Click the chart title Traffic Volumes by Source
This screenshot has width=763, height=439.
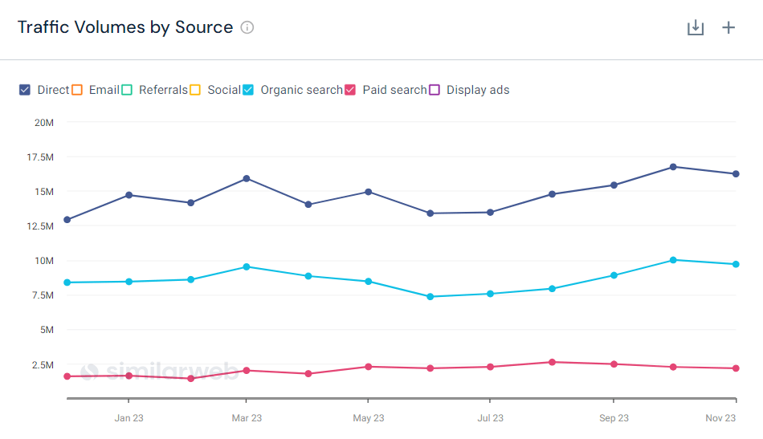click(x=125, y=27)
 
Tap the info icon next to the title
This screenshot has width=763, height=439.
click(x=247, y=27)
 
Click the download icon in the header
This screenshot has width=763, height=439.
click(x=696, y=28)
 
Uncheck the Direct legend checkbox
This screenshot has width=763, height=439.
click(x=25, y=90)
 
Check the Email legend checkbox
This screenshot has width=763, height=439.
click(x=77, y=90)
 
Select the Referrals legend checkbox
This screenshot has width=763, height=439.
click(x=127, y=90)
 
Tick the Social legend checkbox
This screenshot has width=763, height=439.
click(x=195, y=90)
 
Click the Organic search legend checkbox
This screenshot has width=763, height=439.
click(x=249, y=90)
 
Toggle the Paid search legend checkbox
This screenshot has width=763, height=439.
click(x=350, y=90)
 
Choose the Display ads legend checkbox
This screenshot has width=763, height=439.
click(x=435, y=90)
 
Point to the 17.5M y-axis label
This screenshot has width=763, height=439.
click(x=39, y=157)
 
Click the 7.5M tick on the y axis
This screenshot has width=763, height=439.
click(x=42, y=295)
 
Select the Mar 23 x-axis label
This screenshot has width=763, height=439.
click(x=247, y=418)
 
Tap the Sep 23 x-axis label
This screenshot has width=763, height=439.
click(x=614, y=418)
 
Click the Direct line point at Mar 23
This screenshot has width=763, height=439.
click(x=247, y=178)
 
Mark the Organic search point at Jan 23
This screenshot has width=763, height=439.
click(x=129, y=282)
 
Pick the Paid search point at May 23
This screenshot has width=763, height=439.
click(x=369, y=367)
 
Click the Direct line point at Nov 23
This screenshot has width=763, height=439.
click(x=736, y=174)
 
